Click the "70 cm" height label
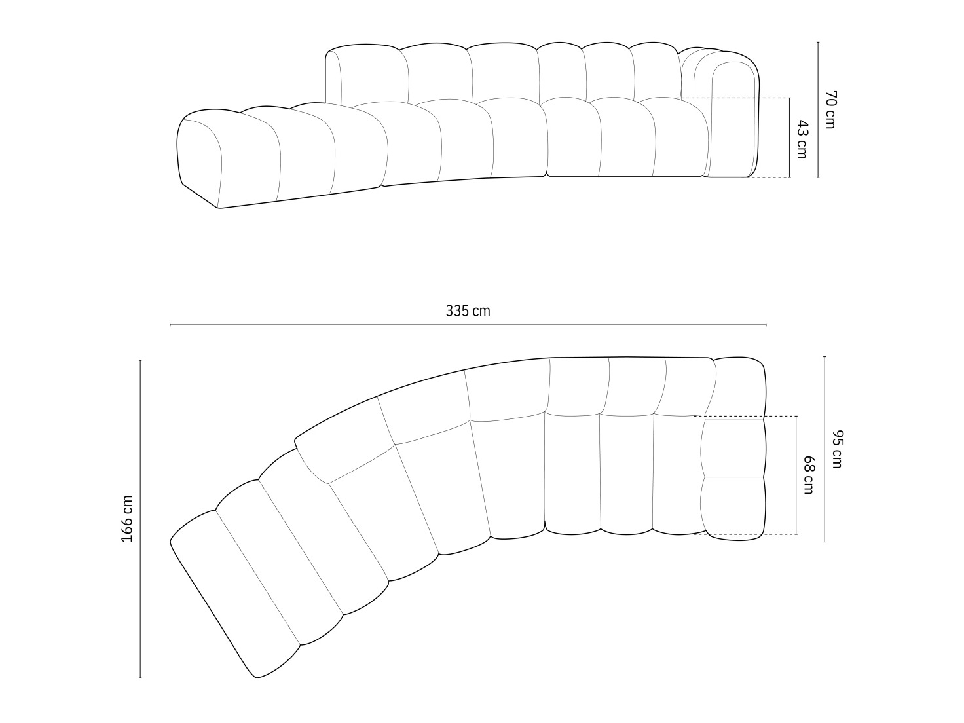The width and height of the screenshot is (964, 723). [x=830, y=109]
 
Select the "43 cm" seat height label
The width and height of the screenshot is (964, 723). [x=801, y=139]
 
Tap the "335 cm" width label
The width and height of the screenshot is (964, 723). [x=468, y=311]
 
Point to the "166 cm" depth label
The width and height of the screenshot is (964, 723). [x=127, y=518]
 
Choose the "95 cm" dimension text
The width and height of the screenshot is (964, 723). [x=836, y=449]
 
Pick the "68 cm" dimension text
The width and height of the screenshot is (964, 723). [x=808, y=475]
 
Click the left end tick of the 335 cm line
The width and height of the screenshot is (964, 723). [x=170, y=325]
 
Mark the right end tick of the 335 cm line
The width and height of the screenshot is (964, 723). [x=766, y=325]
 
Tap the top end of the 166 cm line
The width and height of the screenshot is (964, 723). [x=140, y=360]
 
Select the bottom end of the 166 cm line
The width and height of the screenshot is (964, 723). [x=140, y=678]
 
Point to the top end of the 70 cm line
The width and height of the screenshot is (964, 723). [x=818, y=42]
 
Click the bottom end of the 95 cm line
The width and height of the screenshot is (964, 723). [x=825, y=542]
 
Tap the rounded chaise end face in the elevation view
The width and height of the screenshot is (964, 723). [x=199, y=157]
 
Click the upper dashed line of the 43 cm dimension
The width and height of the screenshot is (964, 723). [x=733, y=98]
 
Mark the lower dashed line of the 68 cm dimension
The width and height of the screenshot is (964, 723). [x=747, y=534]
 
